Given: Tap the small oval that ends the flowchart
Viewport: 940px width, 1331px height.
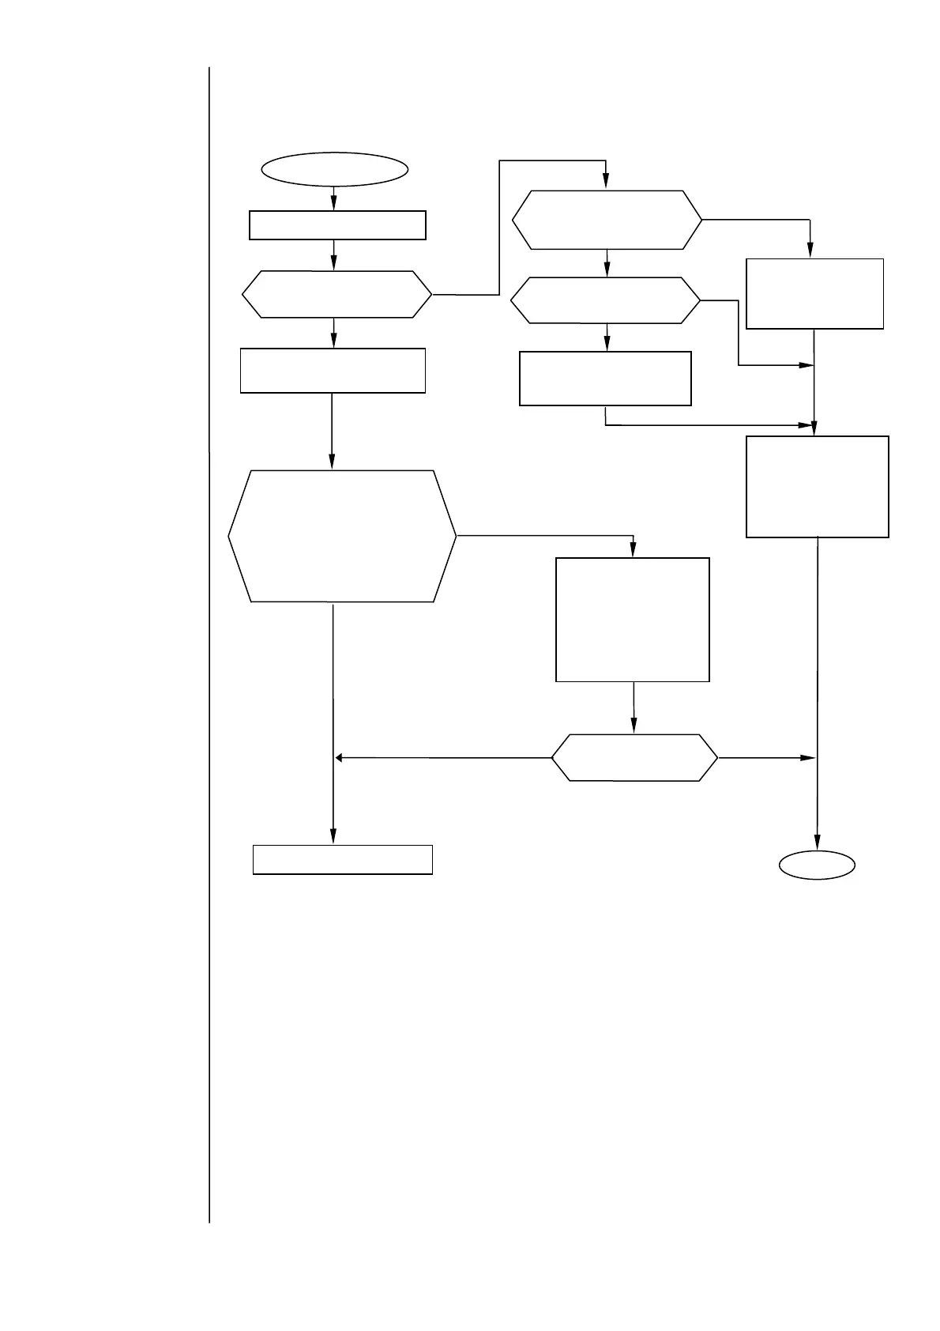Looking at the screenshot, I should [817, 865].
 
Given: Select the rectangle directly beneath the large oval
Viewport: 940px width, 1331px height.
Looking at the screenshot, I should [337, 224].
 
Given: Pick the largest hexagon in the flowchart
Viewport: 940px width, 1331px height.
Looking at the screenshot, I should [342, 537].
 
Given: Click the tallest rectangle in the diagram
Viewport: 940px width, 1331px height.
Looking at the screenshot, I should [633, 620].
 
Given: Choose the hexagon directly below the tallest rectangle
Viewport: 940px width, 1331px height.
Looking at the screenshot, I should [634, 758].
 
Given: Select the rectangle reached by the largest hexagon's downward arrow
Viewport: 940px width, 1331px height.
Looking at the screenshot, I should [342, 859].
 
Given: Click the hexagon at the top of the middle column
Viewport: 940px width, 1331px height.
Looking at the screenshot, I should [607, 220].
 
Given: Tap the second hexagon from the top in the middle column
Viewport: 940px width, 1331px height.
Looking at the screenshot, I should [605, 300].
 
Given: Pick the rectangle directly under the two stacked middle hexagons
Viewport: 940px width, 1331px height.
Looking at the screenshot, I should [605, 379].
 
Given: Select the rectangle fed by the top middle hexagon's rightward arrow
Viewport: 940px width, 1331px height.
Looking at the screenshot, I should [814, 293].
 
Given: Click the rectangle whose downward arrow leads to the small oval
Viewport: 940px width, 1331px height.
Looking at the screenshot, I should [818, 486].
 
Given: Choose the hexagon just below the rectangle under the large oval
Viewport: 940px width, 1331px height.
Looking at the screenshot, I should [337, 295].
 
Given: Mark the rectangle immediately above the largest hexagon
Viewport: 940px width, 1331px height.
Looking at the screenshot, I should [333, 370].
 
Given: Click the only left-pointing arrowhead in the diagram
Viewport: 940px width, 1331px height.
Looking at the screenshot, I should [340, 758].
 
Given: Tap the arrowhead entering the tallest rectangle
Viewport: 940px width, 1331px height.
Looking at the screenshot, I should [634, 550].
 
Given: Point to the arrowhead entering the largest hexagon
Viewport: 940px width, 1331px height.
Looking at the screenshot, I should [332, 463].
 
